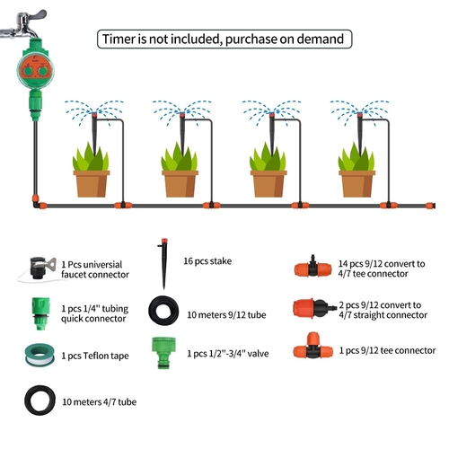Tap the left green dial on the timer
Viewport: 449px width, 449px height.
tap(29, 71)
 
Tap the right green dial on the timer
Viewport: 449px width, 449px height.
tap(43, 71)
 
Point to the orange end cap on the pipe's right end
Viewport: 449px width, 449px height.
tap(430, 206)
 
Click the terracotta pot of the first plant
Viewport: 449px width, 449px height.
tap(92, 183)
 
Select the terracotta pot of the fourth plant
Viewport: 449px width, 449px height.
tap(357, 183)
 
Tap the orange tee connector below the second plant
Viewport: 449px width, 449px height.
tap(212, 206)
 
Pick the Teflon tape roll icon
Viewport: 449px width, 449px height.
tap(40, 356)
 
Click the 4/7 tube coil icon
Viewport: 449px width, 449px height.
tap(40, 401)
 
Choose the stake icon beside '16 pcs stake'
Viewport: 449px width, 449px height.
tap(163, 263)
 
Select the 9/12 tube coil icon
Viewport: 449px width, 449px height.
tap(163, 311)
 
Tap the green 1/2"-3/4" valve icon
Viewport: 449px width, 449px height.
tap(163, 353)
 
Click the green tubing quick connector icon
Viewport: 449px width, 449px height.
tap(40, 313)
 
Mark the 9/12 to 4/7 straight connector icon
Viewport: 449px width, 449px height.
tap(314, 308)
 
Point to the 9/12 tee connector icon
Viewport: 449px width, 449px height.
tap(313, 346)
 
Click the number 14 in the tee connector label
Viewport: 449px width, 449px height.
tap(343, 264)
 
